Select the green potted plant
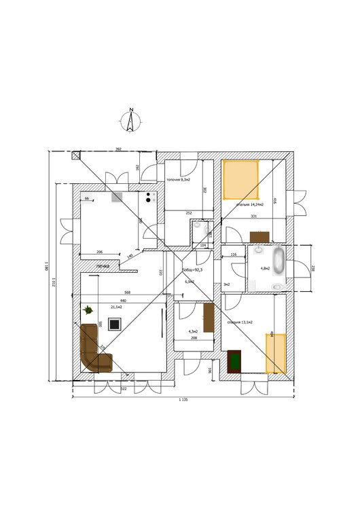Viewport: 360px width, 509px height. point(88,310)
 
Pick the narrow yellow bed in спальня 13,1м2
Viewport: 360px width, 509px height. point(274,353)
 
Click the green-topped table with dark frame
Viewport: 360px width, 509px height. point(235,360)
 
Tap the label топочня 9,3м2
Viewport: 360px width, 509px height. point(177,180)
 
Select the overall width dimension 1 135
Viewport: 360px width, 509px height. point(182,400)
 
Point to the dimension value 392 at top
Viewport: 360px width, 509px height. point(118,149)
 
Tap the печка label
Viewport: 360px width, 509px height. point(103,266)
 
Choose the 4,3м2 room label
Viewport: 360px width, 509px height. point(193,331)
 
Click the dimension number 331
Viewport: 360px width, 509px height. point(253,216)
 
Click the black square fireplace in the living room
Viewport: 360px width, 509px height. point(115,324)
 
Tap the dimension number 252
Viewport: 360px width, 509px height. point(189,213)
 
